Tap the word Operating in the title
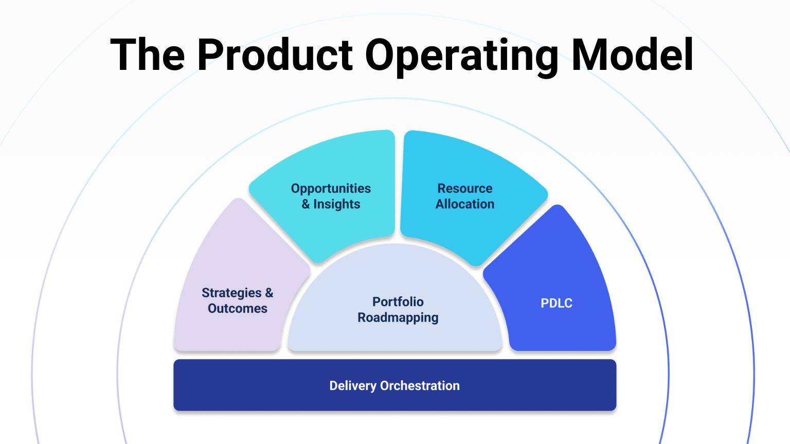click(x=461, y=55)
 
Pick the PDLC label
click(x=556, y=303)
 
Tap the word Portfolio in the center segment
click(x=398, y=302)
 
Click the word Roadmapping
click(x=398, y=318)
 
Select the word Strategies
click(x=231, y=293)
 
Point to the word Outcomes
click(x=238, y=308)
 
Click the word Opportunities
click(x=331, y=189)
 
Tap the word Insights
click(x=337, y=204)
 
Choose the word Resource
click(x=465, y=189)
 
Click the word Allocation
click(x=465, y=204)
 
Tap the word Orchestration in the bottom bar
click(x=420, y=385)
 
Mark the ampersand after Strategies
click(x=269, y=293)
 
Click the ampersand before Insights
click(x=306, y=204)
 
